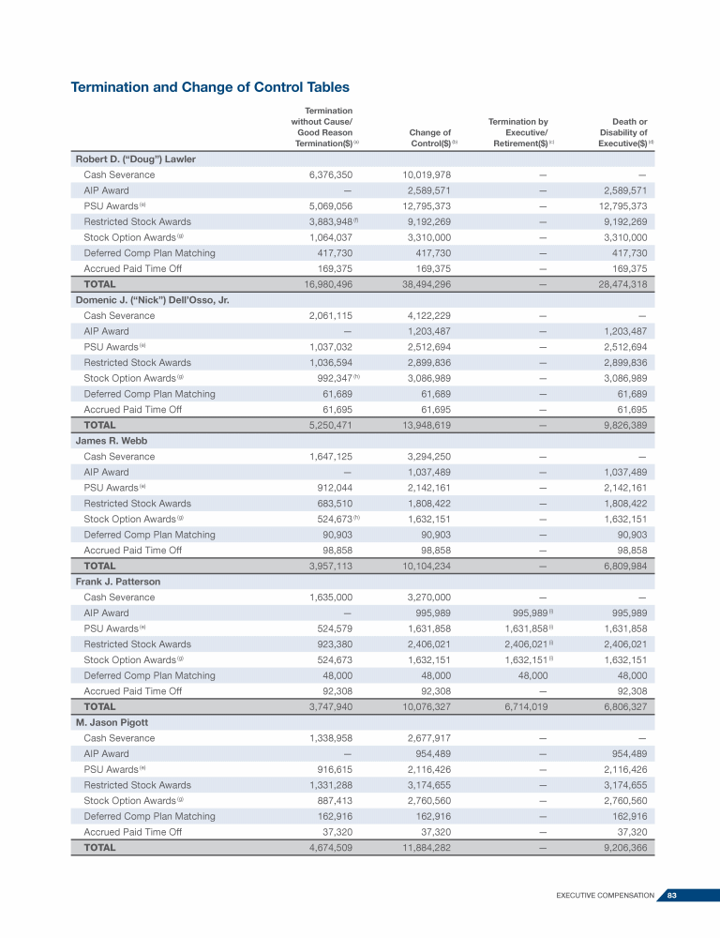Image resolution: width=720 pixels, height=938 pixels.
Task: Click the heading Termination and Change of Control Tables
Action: tap(210, 87)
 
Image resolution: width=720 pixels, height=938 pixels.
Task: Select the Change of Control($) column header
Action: tap(431, 138)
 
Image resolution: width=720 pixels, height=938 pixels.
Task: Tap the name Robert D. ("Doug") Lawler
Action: tap(135, 159)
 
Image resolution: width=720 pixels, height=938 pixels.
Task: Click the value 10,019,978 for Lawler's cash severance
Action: tap(427, 175)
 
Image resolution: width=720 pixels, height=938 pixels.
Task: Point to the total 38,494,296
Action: tap(427, 284)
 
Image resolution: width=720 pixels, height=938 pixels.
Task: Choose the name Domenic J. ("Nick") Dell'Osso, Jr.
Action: tap(153, 300)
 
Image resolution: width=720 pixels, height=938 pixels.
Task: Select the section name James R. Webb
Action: tap(112, 441)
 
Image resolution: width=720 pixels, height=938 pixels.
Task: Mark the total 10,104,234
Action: tap(427, 566)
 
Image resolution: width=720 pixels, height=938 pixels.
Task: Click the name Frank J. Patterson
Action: tap(117, 582)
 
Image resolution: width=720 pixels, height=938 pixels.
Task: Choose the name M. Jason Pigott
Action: tap(112, 722)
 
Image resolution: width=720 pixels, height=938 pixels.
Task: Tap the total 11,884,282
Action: tap(427, 847)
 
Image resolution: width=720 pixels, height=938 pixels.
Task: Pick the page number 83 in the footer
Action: tap(671, 896)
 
